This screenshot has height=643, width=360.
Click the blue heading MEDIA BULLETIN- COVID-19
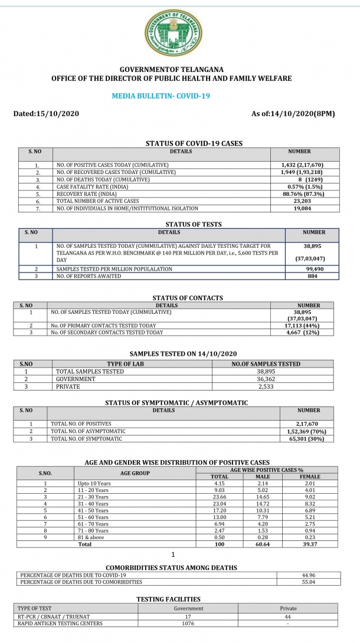click(161, 96)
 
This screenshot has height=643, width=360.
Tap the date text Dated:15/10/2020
click(46, 113)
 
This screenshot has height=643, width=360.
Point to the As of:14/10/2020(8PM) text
click(293, 113)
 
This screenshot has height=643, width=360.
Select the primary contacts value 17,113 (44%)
click(309, 325)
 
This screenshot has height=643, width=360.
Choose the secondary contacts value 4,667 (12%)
click(309, 332)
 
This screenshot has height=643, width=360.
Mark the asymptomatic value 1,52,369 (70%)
click(308, 431)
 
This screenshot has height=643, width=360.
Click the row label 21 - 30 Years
click(93, 497)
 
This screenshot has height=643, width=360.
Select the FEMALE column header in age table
click(310, 477)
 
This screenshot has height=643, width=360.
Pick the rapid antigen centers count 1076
click(189, 623)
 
